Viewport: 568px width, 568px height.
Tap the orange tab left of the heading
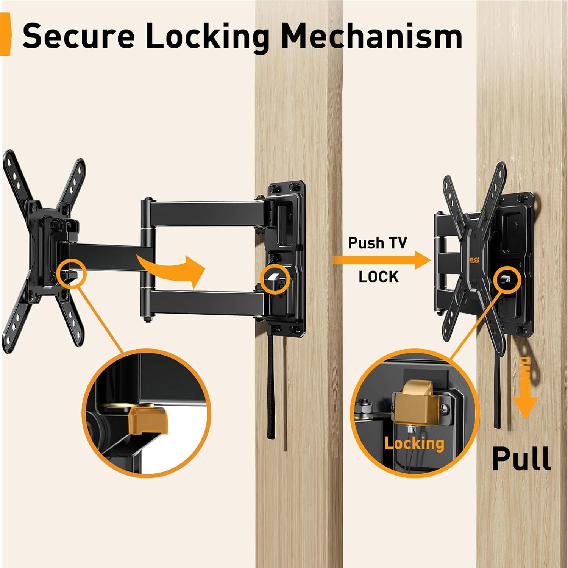pos(5,34)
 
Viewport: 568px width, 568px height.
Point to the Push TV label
pos(377,243)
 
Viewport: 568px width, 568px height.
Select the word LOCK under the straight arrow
pos(379,277)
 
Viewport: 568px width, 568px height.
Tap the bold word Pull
pos(521,458)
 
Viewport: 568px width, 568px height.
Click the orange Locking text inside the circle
pos(414,443)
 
